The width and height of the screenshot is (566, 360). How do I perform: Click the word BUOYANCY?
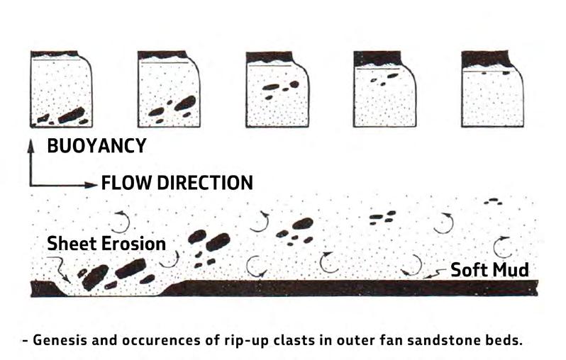tap(96, 147)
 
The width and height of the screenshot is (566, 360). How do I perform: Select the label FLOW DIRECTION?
tap(177, 183)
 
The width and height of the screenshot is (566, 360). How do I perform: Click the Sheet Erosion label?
tap(106, 244)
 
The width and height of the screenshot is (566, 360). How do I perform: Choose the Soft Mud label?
tap(489, 269)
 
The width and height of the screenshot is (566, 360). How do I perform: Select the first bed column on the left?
tap(62, 89)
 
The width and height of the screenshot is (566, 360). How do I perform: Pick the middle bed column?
tap(278, 89)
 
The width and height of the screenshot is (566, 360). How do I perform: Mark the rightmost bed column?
tap(492, 89)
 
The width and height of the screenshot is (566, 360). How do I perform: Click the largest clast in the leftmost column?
tap(71, 114)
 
